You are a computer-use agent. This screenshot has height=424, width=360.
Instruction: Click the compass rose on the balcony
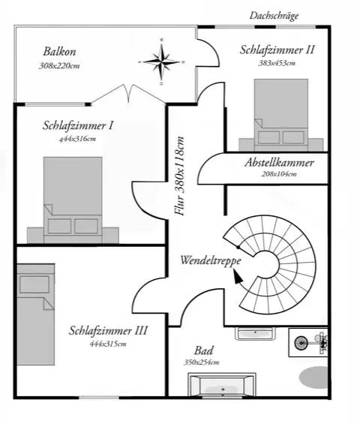click(x=161, y=62)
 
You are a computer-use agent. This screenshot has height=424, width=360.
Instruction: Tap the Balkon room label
click(x=59, y=51)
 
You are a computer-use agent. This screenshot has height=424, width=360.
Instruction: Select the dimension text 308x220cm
click(x=59, y=66)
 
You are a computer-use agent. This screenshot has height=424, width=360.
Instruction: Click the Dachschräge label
click(x=274, y=16)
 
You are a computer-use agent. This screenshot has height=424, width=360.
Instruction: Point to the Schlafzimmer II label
click(x=277, y=50)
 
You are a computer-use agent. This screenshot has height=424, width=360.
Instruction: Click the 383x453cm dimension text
click(x=277, y=63)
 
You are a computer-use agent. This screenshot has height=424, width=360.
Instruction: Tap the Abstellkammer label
click(x=280, y=163)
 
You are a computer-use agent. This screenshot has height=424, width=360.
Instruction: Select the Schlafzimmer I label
click(x=78, y=125)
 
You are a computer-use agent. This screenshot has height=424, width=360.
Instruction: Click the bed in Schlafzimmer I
click(x=73, y=200)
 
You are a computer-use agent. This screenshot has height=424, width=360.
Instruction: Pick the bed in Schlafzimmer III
click(x=36, y=314)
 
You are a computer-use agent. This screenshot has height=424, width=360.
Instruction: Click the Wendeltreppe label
click(x=211, y=260)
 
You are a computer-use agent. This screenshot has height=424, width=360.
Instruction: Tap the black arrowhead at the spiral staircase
click(x=238, y=277)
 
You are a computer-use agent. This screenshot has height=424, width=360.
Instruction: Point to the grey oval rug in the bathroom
click(x=314, y=377)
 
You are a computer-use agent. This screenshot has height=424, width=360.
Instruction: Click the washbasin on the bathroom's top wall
click(x=255, y=334)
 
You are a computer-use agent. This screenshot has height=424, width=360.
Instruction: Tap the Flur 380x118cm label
click(x=179, y=176)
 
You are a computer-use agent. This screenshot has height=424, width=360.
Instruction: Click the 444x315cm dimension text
click(x=108, y=344)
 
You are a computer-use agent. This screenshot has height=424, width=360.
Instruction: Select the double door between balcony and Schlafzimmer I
click(x=128, y=94)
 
